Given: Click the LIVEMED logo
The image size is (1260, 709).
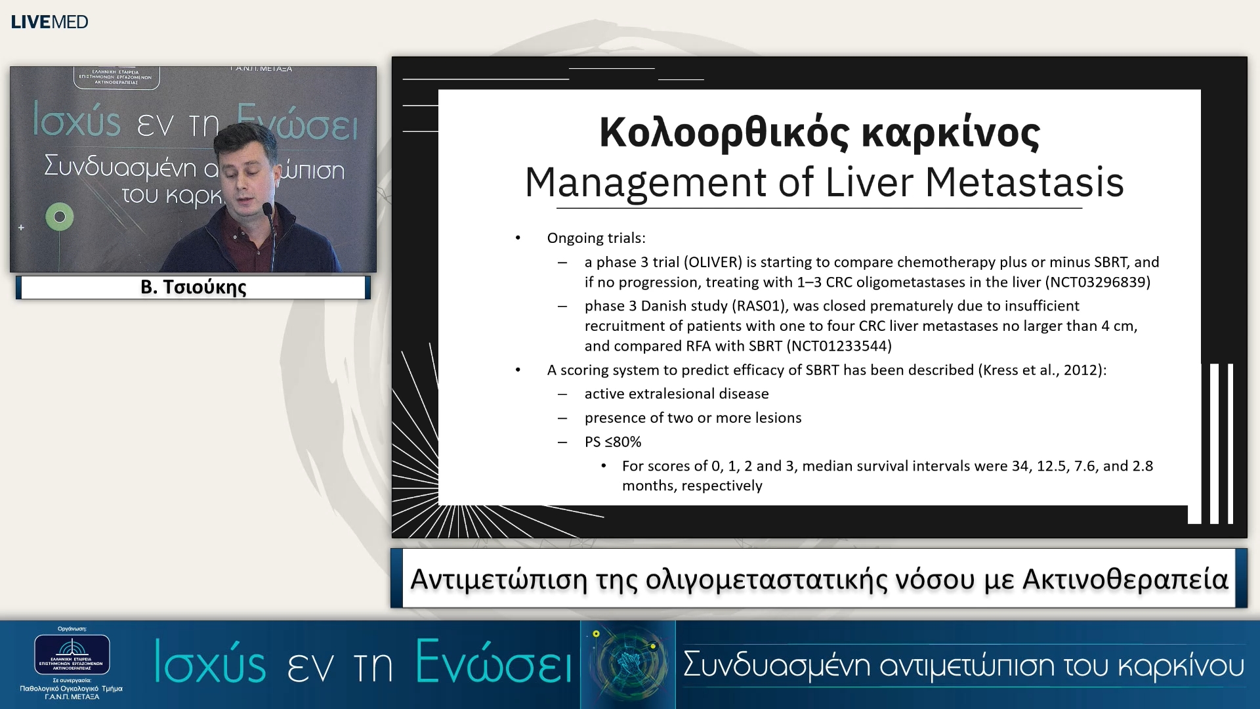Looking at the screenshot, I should tap(49, 22).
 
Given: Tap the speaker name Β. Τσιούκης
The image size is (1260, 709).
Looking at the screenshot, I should tap(193, 288).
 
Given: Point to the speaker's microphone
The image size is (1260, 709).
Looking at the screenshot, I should tap(268, 210).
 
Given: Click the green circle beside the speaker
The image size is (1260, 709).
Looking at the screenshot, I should tap(60, 217).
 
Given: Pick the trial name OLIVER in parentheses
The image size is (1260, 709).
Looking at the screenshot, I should tap(713, 263).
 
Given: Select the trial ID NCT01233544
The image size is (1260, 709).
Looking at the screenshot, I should tap(839, 346).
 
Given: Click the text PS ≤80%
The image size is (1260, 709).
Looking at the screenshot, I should tap(612, 442).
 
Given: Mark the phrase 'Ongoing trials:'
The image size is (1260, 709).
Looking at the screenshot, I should tap(596, 238).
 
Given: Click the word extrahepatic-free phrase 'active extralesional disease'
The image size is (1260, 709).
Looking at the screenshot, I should tap(676, 394).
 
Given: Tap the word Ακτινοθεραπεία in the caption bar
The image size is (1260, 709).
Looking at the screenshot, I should tap(1125, 579).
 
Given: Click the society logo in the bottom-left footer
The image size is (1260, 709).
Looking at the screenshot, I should tap(72, 655).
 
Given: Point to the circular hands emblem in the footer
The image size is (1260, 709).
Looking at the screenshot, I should tap(628, 664).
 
